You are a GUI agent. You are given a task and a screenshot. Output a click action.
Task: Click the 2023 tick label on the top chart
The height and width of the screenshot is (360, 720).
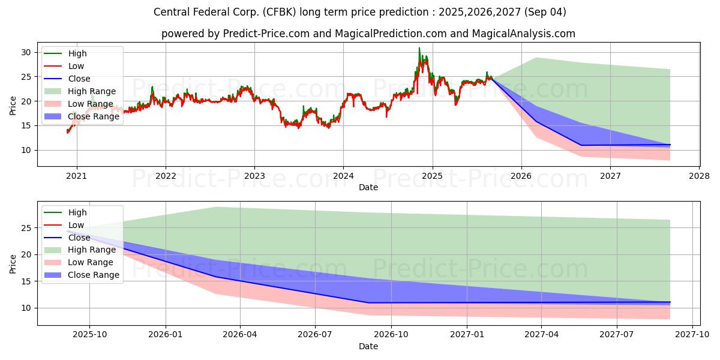[254, 176]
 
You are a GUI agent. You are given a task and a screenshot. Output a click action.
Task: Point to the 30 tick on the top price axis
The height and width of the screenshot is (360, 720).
[26, 52]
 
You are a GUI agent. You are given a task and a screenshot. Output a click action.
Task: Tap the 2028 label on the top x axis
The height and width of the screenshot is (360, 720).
[700, 176]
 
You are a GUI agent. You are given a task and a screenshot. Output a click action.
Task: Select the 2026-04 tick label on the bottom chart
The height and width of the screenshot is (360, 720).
[240, 335]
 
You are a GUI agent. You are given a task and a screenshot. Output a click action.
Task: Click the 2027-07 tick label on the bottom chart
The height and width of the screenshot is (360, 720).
[617, 335]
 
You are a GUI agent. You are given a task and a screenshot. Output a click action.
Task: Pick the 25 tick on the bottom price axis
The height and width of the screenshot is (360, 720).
[26, 228]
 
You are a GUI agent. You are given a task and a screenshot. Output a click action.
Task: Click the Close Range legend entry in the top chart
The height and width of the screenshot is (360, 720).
[82, 116]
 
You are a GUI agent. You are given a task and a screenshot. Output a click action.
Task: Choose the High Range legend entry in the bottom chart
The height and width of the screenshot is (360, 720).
[80, 250]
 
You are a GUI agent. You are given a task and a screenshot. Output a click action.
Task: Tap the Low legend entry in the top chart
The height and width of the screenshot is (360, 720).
[64, 66]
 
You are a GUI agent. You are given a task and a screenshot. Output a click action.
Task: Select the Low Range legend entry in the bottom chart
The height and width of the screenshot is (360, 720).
[79, 262]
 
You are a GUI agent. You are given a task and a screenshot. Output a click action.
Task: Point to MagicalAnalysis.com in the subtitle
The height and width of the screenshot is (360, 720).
[524, 34]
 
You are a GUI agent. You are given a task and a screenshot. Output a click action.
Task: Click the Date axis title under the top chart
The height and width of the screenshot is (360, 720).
[368, 187]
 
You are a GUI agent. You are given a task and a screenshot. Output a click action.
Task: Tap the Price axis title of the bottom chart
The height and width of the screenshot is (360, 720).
[13, 264]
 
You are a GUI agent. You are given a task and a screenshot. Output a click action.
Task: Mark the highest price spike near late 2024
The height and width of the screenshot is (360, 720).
[419, 48]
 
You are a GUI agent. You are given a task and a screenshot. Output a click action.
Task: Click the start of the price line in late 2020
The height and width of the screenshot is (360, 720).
[67, 132]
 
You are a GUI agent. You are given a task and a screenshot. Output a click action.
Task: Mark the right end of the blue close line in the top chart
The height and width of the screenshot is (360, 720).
[670, 145]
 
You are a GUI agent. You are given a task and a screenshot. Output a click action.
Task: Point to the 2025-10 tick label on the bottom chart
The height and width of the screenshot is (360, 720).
[89, 335]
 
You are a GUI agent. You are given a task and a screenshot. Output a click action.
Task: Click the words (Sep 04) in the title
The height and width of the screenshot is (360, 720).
[545, 12]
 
